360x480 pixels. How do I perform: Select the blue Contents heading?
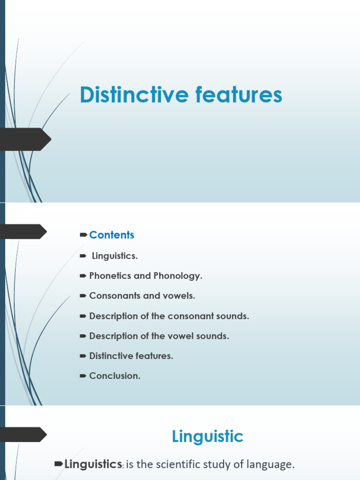coord(112,235)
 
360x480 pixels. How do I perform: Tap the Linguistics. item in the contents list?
coord(114,256)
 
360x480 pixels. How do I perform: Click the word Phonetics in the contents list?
coord(110,276)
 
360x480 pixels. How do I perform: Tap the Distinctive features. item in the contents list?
coord(131,356)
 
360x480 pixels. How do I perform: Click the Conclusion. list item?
coord(114,376)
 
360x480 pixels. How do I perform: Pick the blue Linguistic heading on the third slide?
coord(208,436)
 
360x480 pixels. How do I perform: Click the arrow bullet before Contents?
coord(83,234)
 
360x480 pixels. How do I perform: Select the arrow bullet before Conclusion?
coord(83,376)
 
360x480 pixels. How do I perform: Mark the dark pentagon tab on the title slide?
coord(26,139)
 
